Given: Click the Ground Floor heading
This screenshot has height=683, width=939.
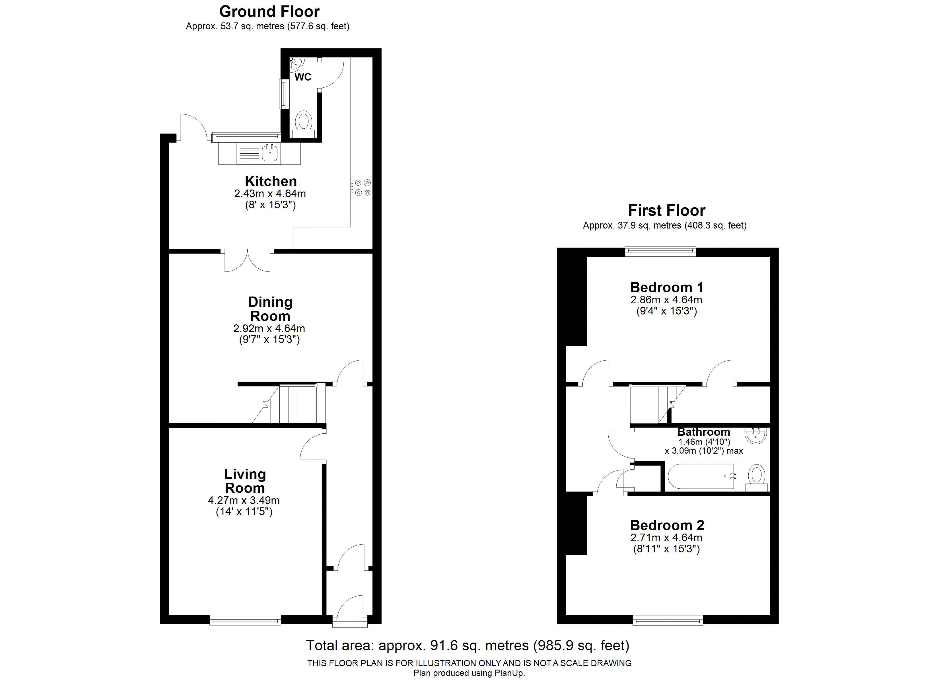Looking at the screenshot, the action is click(269, 11).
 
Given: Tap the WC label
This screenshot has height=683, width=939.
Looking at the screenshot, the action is click(303, 77).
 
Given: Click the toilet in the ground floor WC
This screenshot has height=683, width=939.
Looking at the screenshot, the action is click(304, 124).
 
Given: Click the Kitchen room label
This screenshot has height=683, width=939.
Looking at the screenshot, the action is click(271, 181).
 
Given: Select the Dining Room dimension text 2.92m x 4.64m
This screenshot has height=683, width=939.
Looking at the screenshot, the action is click(269, 328).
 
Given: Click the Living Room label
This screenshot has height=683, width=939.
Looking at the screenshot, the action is click(245, 481).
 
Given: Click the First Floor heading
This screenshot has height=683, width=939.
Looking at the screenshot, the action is click(667, 210).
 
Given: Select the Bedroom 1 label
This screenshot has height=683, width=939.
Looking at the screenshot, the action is click(667, 287).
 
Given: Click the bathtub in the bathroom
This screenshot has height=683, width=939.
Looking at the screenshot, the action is click(702, 476).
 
